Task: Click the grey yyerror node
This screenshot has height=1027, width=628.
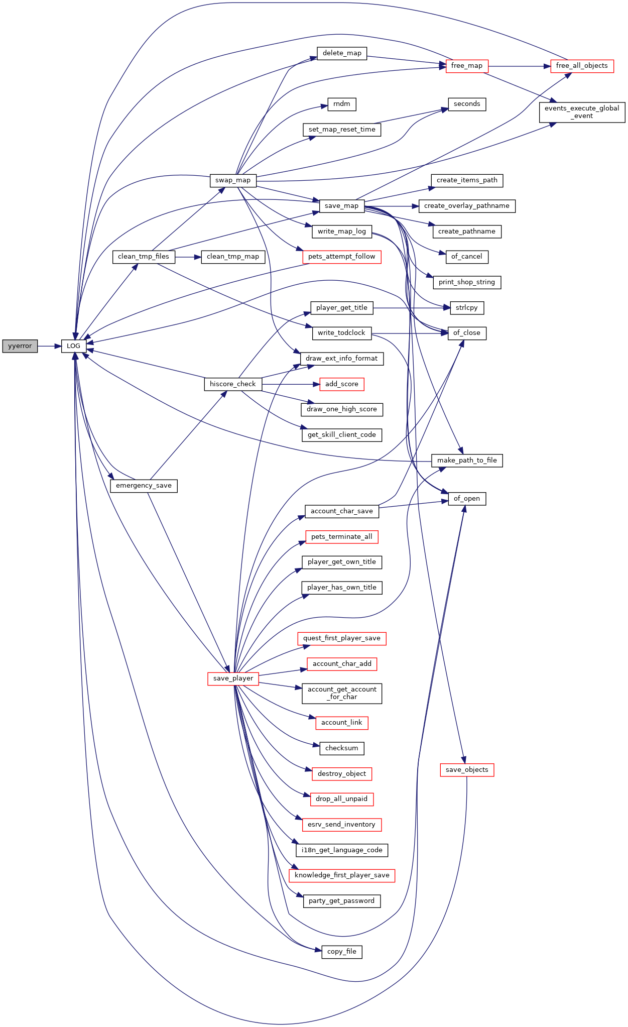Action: (x=20, y=346)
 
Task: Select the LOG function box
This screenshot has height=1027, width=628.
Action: (x=74, y=346)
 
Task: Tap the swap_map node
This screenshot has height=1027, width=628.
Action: (x=233, y=180)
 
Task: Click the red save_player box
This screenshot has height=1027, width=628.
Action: (x=233, y=678)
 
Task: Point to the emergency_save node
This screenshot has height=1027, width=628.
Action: (x=144, y=486)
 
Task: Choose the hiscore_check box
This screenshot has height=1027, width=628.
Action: (x=233, y=384)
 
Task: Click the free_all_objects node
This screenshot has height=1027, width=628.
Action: (x=582, y=66)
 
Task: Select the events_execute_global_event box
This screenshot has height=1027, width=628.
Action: (x=582, y=112)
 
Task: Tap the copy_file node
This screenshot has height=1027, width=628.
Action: (x=342, y=952)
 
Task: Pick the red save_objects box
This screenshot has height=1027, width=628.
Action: (x=467, y=770)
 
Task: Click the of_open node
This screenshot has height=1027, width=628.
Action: (x=467, y=499)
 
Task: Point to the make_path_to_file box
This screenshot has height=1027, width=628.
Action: (x=467, y=461)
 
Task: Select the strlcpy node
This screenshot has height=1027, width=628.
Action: (x=467, y=308)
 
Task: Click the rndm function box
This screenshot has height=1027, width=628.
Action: (x=342, y=104)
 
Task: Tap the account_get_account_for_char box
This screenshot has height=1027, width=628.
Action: (x=342, y=694)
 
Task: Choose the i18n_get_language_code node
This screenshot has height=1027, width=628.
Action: (x=342, y=850)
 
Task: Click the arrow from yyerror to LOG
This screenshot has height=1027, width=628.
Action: (x=50, y=346)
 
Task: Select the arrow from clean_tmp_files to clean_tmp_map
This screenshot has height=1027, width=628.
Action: (x=188, y=257)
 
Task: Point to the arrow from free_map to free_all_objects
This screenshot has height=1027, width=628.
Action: (x=520, y=66)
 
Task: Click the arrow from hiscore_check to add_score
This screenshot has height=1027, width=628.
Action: (x=291, y=384)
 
